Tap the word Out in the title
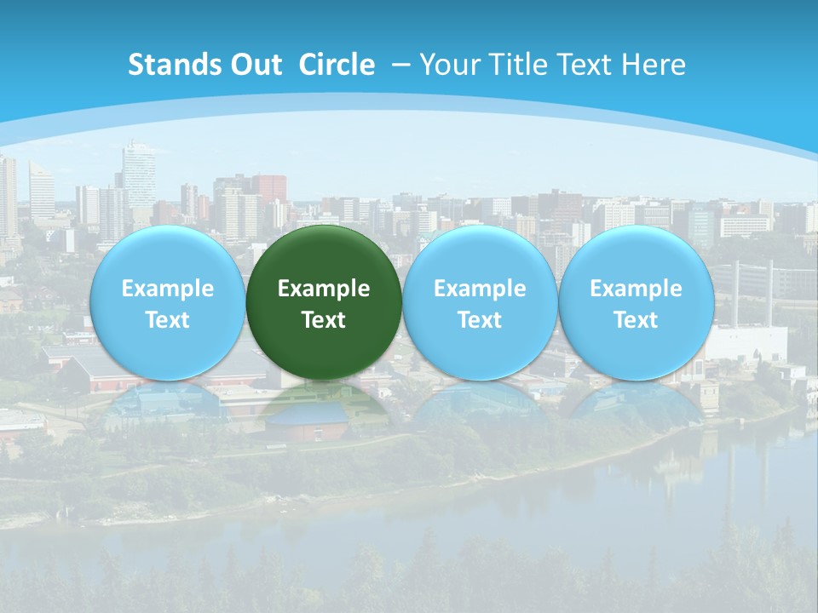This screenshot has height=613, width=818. [254, 65]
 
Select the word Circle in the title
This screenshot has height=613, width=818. [337, 65]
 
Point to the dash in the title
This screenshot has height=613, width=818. [401, 65]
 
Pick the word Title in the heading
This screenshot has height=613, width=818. [510, 65]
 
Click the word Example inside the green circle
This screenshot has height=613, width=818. [324, 289]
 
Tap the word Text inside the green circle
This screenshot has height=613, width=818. [324, 320]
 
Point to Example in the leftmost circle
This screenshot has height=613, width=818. [167, 289]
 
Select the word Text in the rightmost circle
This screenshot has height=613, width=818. [636, 320]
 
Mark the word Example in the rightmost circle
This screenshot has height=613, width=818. [636, 289]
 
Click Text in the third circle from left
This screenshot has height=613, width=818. [480, 320]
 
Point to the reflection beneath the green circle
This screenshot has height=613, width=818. [324, 409]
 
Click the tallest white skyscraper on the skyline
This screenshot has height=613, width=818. [139, 175]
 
